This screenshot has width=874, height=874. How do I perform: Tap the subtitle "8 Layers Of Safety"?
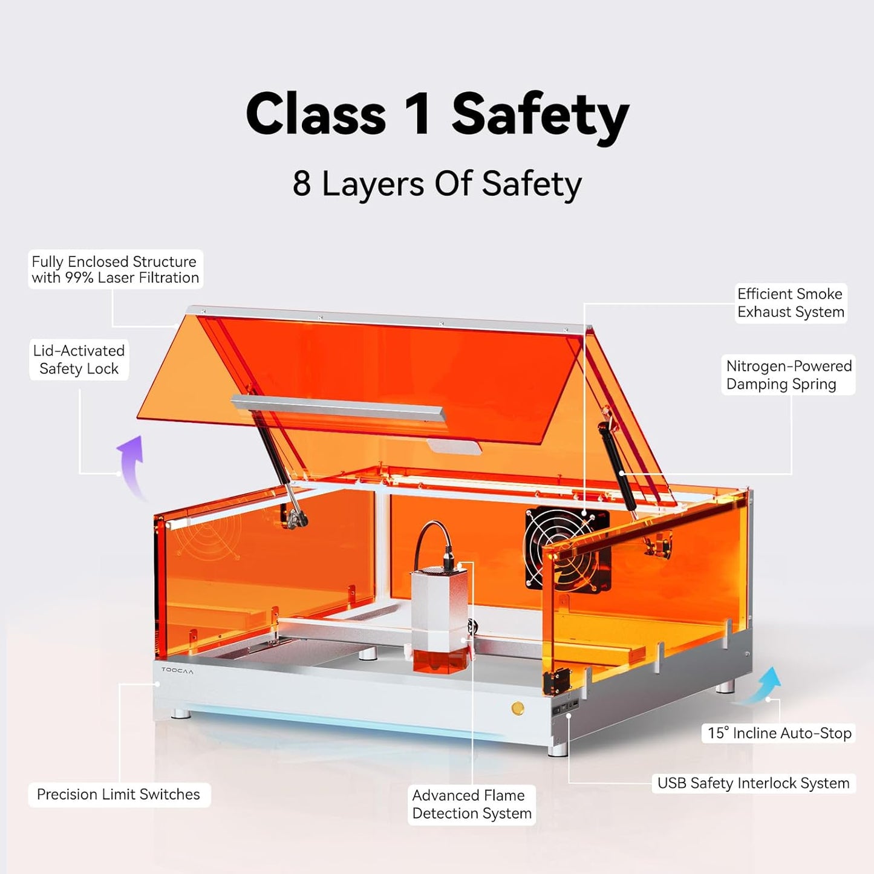[x=437, y=184]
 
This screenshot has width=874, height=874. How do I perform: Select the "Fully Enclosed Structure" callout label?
[x=115, y=269]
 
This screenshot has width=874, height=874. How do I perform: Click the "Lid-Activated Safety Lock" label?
[x=79, y=359]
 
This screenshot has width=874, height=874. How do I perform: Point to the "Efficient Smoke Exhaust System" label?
[x=791, y=303]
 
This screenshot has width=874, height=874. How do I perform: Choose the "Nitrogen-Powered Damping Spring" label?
[x=788, y=375]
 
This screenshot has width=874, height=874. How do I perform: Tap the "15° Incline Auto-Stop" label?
[x=779, y=733]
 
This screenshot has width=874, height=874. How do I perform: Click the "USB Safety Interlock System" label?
[x=753, y=783]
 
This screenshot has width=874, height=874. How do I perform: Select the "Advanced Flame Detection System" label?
[x=471, y=804]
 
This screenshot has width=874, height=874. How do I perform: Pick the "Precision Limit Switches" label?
[x=119, y=794]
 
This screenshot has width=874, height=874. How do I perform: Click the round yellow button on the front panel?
[x=518, y=708]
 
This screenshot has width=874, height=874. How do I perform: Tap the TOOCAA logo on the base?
[x=177, y=671]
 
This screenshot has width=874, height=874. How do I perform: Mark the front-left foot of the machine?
[x=180, y=714]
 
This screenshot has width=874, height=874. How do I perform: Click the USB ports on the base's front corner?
[x=566, y=706]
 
